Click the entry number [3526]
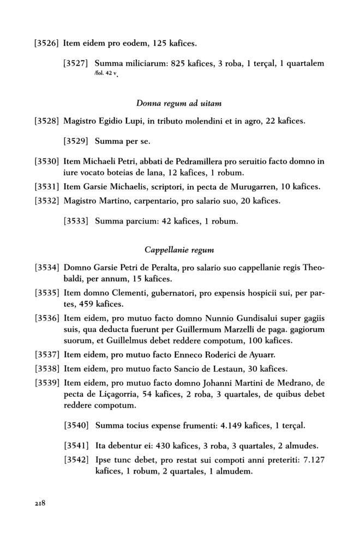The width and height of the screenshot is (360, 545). [47, 43]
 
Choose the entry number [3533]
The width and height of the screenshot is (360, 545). [77, 222]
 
